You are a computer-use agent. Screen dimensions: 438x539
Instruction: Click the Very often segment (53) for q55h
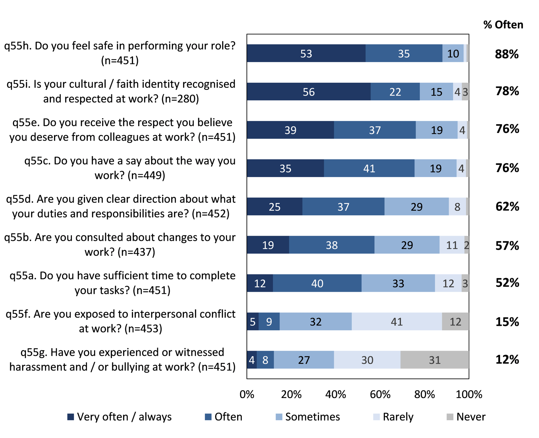coord(306,54)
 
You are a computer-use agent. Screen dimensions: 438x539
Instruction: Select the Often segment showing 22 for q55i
coord(395,92)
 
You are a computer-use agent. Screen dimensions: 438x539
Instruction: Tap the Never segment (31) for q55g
coord(434,360)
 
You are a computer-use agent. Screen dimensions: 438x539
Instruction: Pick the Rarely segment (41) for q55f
coord(397,322)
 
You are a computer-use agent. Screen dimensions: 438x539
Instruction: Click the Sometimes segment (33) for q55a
coord(398,283)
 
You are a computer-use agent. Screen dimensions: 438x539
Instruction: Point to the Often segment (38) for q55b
coord(332,245)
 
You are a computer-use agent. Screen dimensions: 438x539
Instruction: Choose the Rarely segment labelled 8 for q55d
coord(457,207)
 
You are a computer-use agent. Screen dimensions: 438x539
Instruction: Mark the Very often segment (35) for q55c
coord(285,169)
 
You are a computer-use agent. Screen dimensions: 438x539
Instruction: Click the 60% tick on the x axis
coord(380,395)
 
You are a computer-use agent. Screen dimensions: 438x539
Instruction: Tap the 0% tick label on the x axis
coord(247,395)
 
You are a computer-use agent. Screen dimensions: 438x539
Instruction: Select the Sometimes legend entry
coord(308,417)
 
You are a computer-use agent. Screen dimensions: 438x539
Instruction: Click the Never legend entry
coord(466,417)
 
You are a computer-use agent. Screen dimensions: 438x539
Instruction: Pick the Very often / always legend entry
coord(120,417)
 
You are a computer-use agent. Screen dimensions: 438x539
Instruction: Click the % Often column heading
coord(503,25)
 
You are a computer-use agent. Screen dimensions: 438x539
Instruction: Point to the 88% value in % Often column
coord(507,54)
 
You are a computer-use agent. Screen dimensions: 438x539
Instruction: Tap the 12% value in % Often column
coord(507,359)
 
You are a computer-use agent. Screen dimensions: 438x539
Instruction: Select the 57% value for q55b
coord(507,245)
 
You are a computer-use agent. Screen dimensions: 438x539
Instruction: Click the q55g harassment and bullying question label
coord(122,359)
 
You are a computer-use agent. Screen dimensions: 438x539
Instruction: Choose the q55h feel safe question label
coord(120,53)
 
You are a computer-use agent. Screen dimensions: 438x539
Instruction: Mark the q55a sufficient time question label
coord(122,283)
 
